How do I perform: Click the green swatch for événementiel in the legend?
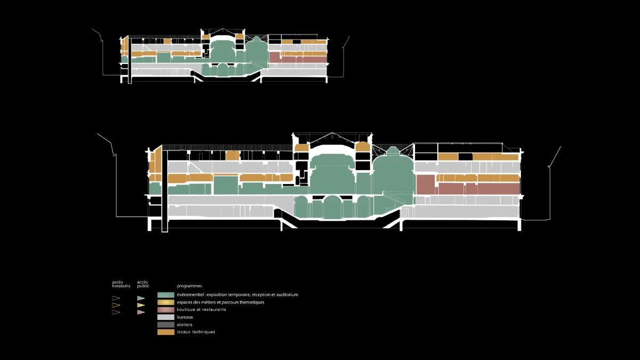(166, 294)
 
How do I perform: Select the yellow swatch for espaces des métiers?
(166, 302)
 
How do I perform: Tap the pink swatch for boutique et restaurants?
(166, 309)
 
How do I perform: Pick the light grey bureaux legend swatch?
(166, 317)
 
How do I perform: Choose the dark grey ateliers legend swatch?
(166, 324)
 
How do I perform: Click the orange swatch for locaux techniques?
(166, 332)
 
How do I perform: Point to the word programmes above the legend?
(189, 286)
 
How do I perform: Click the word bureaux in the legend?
(185, 317)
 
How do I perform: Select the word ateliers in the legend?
(185, 325)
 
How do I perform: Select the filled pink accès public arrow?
(141, 312)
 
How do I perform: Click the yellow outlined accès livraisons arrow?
(116, 306)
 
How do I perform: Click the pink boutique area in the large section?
(477, 188)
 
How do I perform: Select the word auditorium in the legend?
(286, 295)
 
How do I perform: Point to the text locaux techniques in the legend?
(196, 332)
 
